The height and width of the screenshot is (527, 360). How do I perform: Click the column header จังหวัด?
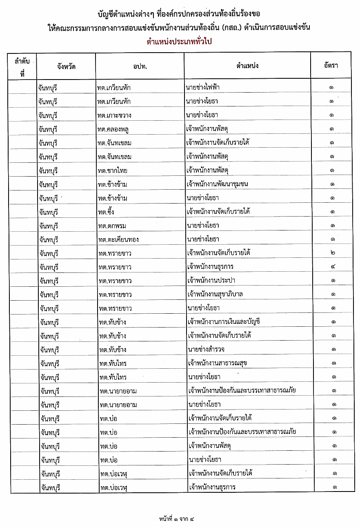[x=67, y=66]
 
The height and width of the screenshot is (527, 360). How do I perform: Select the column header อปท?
[x=140, y=66]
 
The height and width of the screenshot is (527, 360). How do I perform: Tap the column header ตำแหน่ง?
[x=247, y=66]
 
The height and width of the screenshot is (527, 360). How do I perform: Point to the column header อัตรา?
[x=331, y=66]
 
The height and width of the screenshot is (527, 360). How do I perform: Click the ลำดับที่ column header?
[x=23, y=66]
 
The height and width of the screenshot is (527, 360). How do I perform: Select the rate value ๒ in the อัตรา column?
[x=333, y=253]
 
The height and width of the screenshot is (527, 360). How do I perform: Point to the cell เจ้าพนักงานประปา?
[x=211, y=281]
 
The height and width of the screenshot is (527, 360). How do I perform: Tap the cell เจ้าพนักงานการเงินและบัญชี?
[x=224, y=321]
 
